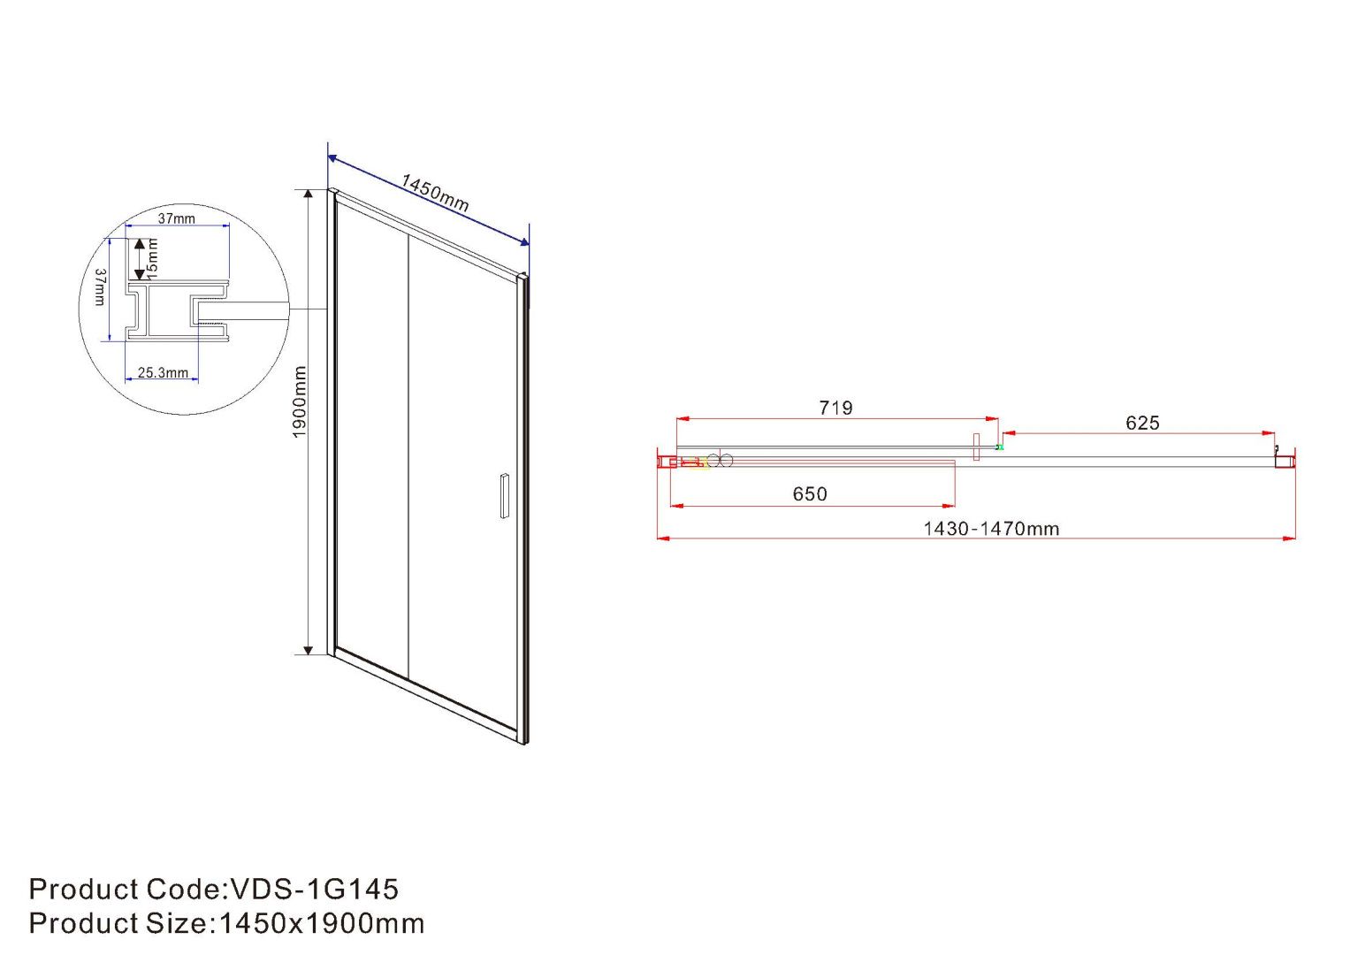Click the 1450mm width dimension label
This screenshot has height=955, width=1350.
434,193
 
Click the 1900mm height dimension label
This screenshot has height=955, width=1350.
300,402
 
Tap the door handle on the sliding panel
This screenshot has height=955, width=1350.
504,495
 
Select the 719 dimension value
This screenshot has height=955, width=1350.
835,408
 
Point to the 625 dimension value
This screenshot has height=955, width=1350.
1142,423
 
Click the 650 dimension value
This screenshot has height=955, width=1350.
809,494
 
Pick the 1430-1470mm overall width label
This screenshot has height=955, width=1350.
991,529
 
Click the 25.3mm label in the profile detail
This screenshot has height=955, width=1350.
163,373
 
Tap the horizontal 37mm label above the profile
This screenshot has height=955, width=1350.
177,218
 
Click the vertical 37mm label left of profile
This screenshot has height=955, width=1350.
100,287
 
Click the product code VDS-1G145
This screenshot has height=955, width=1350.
314,889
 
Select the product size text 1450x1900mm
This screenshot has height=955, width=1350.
321,923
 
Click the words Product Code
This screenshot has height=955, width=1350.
124,889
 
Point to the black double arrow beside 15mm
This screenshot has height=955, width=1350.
139,259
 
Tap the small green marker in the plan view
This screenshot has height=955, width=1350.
1000,447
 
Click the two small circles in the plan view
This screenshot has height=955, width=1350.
721,460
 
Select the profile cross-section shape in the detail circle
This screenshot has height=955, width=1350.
177,310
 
